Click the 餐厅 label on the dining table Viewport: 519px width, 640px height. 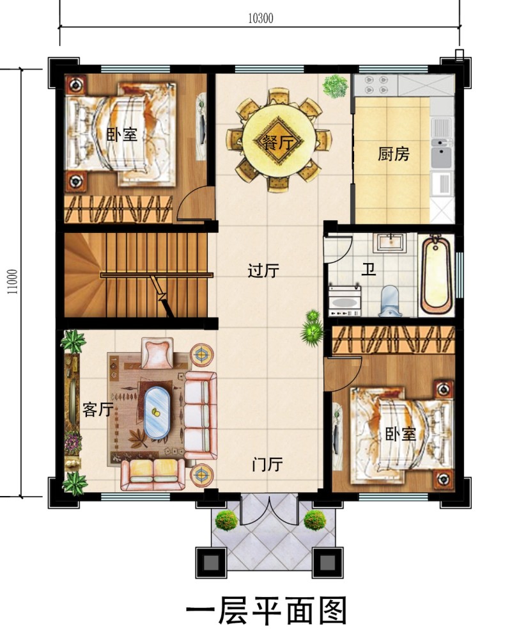278,142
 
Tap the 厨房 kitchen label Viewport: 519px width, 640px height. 394,154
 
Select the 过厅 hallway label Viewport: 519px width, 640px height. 263,271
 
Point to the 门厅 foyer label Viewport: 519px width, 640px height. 267,465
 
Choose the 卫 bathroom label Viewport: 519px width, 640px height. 368,269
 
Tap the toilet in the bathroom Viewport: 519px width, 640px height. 389,301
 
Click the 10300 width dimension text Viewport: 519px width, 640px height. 261,19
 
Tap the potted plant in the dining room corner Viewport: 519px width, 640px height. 334,86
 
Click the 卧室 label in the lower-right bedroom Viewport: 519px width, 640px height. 401,435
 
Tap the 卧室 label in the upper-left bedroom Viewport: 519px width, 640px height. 121,134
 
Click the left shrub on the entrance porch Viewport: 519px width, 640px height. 226,520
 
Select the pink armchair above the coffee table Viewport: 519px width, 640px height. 157,353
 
